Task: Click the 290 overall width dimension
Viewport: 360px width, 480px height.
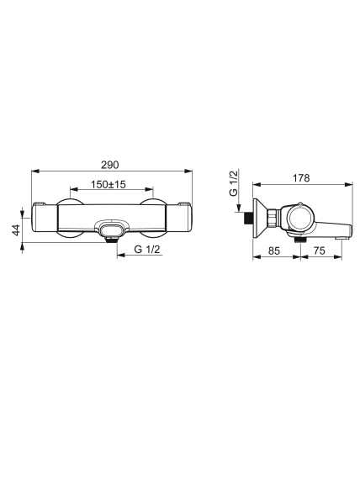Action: pos(109,165)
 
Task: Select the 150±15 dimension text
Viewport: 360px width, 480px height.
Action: pos(109,185)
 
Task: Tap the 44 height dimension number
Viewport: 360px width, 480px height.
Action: pos(16,229)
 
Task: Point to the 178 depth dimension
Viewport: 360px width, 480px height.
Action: pos(301,178)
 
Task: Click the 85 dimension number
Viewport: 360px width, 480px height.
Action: pos(274,251)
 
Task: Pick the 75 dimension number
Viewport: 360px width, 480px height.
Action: pos(320,251)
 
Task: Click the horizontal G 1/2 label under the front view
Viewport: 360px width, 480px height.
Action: pos(147,249)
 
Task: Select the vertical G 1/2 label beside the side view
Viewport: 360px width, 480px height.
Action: pos(234,183)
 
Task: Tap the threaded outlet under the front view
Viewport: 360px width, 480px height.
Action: pos(111,240)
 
